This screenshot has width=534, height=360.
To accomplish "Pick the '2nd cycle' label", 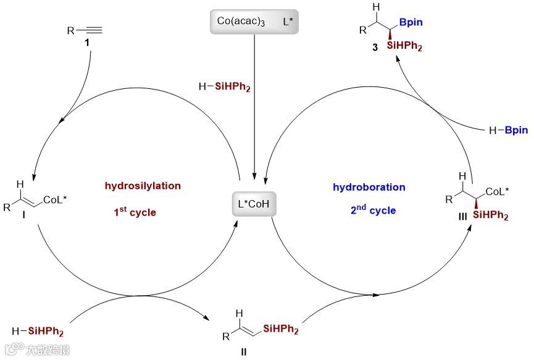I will coord(372,210).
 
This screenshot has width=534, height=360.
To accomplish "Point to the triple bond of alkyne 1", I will coord(91,29).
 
